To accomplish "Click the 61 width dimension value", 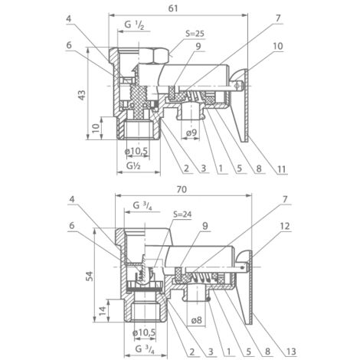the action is pos(173,8).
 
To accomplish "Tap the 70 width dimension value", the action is pos(182,189).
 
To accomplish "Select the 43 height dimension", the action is pos(82,95).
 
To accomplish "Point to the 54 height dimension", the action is pos(89,276).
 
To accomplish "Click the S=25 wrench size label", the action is pos(195,34).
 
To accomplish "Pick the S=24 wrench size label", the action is pos(182,214).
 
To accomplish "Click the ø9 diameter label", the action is pos(191,133).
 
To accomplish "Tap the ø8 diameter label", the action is pos(196,320).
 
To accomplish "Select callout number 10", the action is pos(278,46).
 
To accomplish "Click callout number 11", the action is pos(281,169).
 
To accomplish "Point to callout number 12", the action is pos(285,226).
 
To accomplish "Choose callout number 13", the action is pos(291,352).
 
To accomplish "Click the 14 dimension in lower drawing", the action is pos(103,311).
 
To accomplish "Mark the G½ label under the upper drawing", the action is pos(133,166).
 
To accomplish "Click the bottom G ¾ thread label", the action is pos(145,349).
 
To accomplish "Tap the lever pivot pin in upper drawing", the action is pos(237,86).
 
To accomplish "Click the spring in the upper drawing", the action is pos(193,97).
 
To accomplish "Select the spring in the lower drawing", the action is pos(202,277).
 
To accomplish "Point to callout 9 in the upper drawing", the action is pos(198,47).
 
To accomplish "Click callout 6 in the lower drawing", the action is pos(72,225).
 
